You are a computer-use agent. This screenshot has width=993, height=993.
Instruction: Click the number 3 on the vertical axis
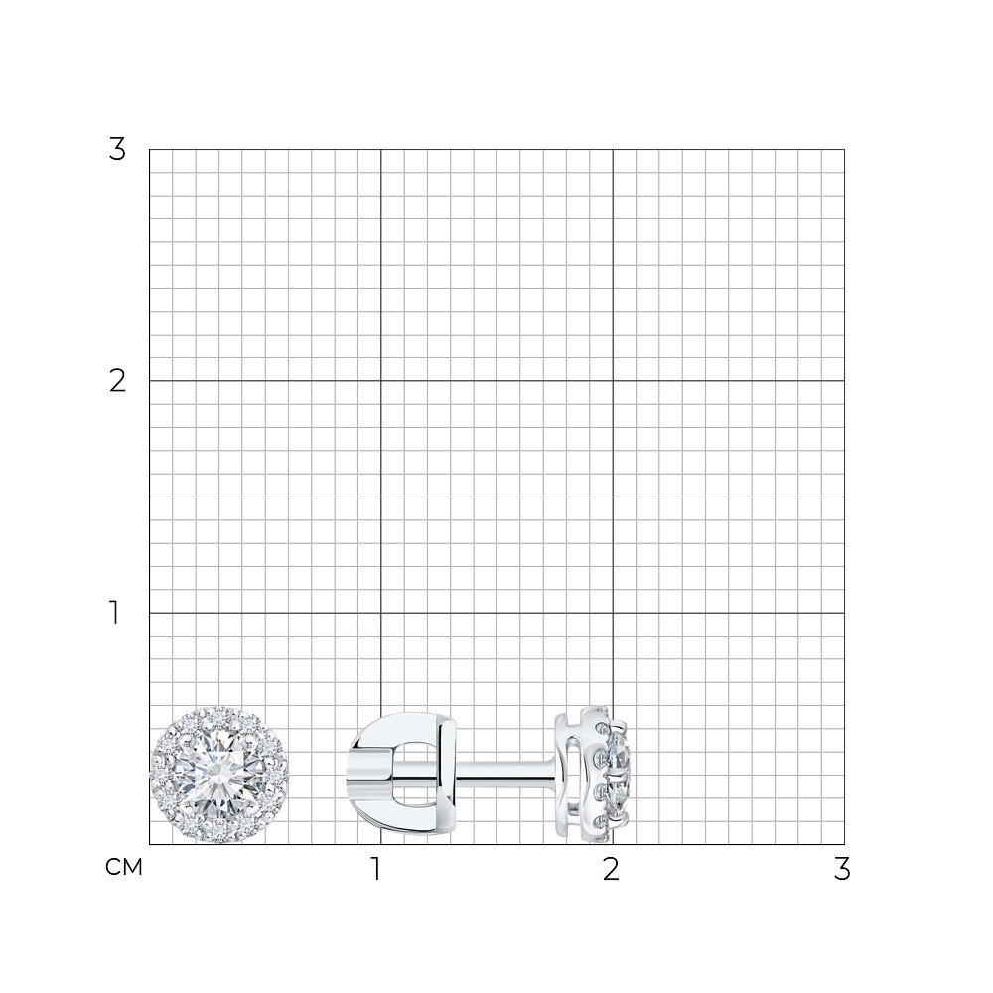[117, 150]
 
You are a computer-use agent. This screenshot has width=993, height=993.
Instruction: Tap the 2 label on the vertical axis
[117, 381]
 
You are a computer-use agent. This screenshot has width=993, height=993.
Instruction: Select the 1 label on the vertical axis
[114, 613]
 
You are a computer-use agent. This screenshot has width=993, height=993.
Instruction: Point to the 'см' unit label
[123, 867]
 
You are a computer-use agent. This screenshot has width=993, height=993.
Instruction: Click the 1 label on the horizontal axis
[376, 869]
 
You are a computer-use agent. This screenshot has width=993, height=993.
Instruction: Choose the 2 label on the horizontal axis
[611, 869]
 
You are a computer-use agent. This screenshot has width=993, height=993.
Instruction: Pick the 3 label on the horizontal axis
[842, 869]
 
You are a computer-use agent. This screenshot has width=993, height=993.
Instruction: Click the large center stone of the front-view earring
[218, 775]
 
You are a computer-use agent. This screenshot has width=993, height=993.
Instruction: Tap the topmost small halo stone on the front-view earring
[219, 717]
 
